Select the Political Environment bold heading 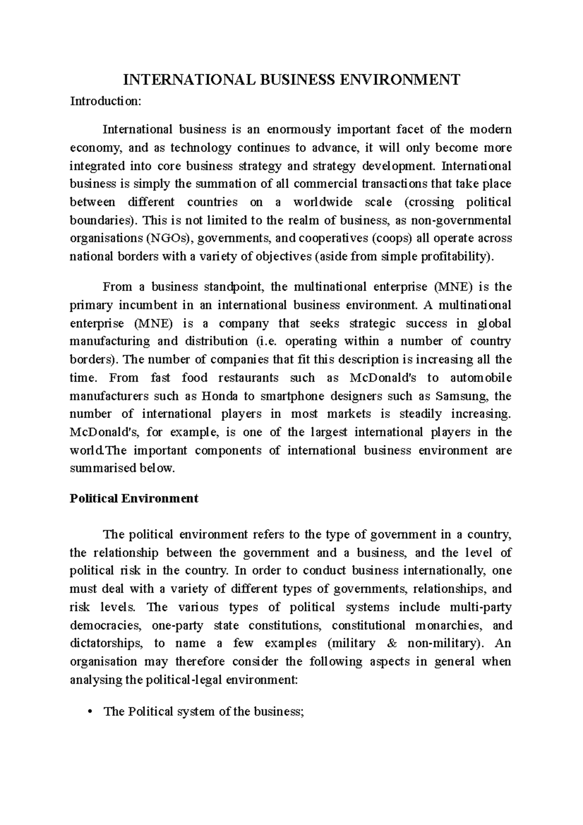(x=134, y=498)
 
